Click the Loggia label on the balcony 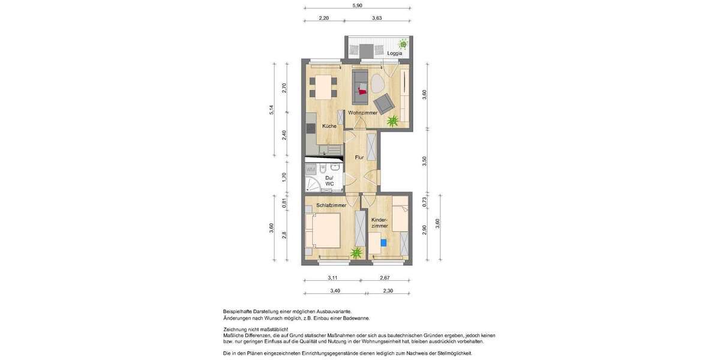(394, 53)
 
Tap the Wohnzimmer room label (362, 113)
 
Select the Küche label (329, 127)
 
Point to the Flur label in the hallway (359, 158)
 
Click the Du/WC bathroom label (329, 181)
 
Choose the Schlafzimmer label (331, 205)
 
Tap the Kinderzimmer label (379, 223)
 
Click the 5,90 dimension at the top (357, 5)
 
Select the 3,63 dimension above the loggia (377, 19)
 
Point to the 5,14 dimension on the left (271, 110)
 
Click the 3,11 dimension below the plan (332, 278)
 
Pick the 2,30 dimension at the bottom (388, 291)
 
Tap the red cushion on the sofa (361, 91)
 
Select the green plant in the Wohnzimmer (392, 122)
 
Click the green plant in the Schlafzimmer (356, 253)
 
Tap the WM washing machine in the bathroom (311, 170)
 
